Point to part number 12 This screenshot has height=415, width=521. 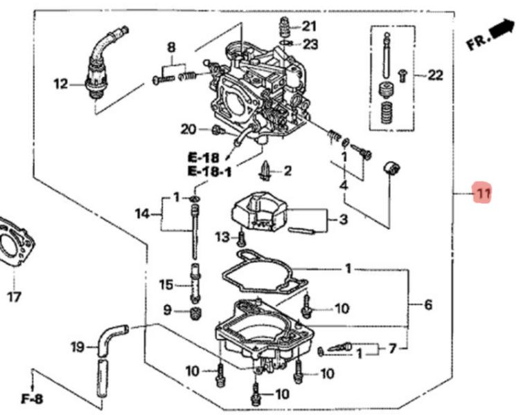(x=61, y=84)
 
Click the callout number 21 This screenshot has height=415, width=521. (x=309, y=27)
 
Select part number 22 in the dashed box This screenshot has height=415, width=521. (x=434, y=75)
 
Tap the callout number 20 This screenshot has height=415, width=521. (x=188, y=129)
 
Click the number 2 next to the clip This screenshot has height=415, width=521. (x=287, y=170)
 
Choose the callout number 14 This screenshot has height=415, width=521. (x=142, y=214)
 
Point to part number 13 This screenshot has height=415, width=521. (x=222, y=237)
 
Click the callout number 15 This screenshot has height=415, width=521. (x=166, y=284)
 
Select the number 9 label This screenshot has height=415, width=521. (x=167, y=311)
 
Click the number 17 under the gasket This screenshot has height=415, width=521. (x=14, y=297)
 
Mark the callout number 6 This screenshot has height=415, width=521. (x=428, y=304)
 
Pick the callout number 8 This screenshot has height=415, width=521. (x=171, y=47)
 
